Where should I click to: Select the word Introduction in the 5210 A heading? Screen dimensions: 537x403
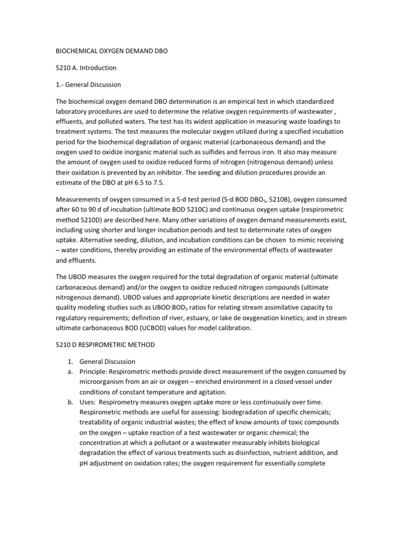(98, 68)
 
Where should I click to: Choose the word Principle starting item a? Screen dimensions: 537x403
(94, 371)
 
